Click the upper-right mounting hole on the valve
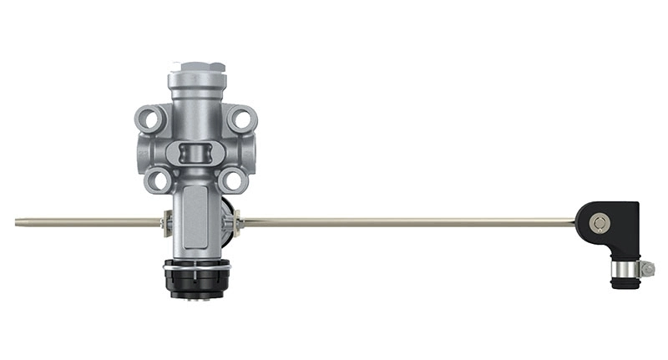[241, 119]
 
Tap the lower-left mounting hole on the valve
[159, 178]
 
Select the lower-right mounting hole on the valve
[232, 178]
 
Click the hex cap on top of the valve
[196, 67]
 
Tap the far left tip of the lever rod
[18, 222]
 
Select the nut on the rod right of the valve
[238, 222]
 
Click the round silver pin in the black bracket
[598, 222]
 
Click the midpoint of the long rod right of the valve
[409, 222]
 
